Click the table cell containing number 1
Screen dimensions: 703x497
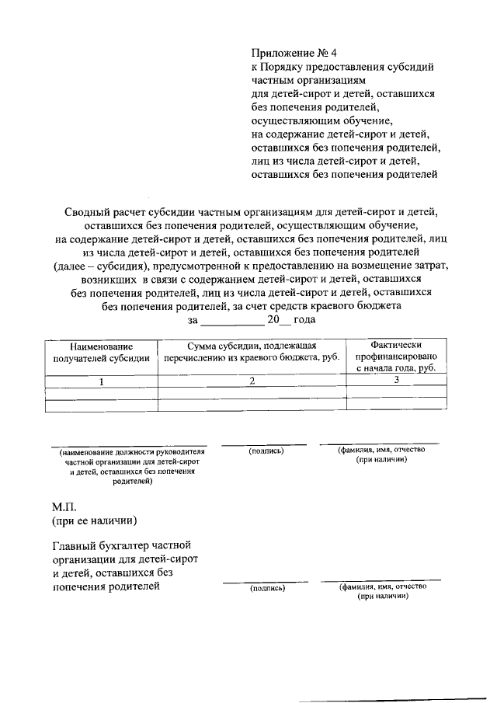pos(101,381)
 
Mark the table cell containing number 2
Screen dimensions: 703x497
pos(252,381)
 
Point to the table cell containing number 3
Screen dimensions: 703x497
pos(396,380)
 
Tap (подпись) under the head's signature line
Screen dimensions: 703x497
pos(266,451)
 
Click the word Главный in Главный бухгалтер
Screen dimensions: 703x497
pos(77,546)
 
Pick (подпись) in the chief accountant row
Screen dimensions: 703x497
pos(267,588)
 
